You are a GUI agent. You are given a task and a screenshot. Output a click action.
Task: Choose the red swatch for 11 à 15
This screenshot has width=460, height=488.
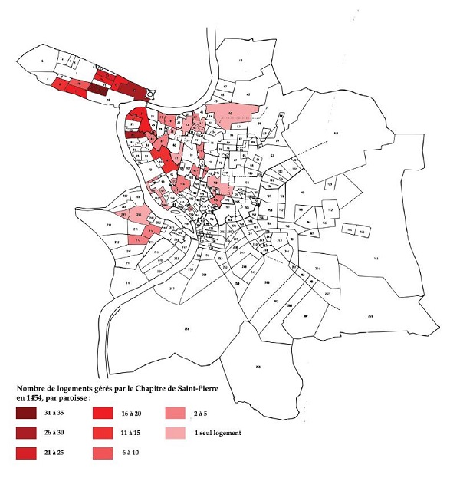(x=104, y=434)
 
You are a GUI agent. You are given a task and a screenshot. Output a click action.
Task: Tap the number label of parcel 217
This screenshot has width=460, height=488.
(x=172, y=289)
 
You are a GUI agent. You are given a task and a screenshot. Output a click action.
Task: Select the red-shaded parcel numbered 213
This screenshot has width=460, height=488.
(x=137, y=240)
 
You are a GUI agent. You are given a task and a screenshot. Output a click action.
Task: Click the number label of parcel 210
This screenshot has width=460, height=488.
(x=109, y=224)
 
